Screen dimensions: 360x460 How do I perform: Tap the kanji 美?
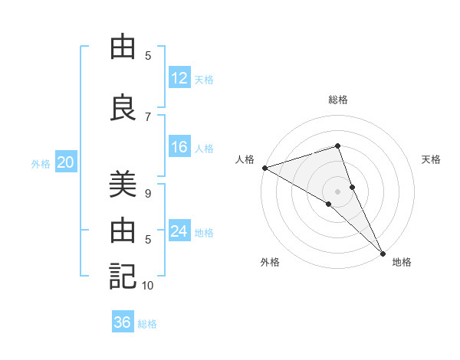tap(123, 185)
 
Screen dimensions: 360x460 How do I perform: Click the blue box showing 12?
tap(179, 78)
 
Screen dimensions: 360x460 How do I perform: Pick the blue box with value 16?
tap(179, 148)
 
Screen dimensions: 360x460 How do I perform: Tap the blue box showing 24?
tap(179, 231)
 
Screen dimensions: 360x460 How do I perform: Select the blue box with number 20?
tap(66, 162)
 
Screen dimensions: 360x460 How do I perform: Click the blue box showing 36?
tap(123, 322)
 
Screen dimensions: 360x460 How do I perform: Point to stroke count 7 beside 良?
tap(148, 117)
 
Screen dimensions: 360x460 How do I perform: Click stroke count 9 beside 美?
tap(148, 194)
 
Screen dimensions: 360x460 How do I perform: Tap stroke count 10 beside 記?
tap(148, 286)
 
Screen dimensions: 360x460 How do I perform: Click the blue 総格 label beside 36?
tap(147, 324)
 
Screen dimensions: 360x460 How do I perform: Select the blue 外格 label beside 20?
tap(41, 163)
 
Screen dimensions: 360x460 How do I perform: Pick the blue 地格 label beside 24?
tap(204, 232)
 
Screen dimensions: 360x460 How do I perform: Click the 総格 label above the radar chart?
tap(337, 100)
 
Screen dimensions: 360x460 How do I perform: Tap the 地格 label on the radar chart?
tap(402, 263)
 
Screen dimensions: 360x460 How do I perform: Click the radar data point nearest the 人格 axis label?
tap(264, 167)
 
